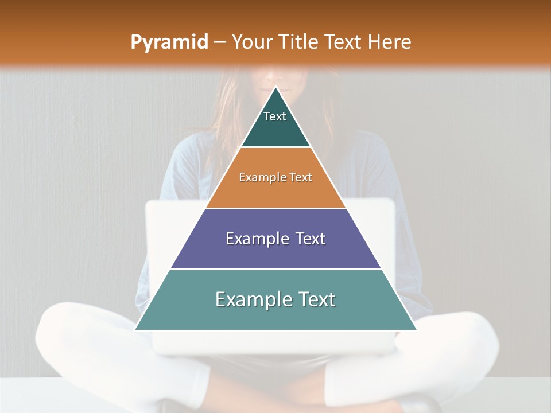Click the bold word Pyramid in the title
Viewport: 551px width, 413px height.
click(169, 42)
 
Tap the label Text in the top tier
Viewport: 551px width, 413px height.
click(275, 116)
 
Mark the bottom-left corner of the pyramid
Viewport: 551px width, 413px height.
click(135, 330)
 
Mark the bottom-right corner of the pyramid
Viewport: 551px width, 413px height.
click(416, 330)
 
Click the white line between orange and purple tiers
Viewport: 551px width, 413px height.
click(275, 208)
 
